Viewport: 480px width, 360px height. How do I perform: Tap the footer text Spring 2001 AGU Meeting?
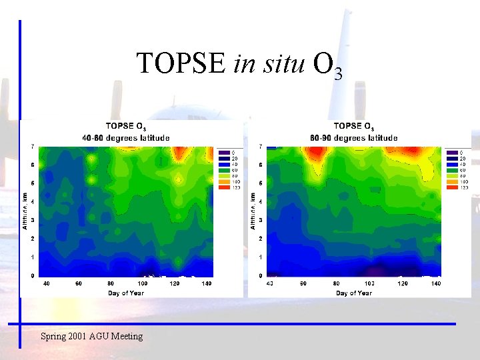click(92, 336)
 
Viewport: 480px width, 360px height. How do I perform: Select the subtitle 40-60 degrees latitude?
click(126, 138)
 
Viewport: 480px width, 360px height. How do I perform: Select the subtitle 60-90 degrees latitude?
click(354, 138)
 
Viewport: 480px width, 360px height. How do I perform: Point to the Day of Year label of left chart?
click(126, 293)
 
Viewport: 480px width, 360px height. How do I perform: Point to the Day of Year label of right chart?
click(354, 293)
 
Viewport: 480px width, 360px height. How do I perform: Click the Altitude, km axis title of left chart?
click(25, 210)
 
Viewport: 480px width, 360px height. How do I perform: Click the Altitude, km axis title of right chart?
click(253, 210)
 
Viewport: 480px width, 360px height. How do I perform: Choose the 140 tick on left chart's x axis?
click(207, 284)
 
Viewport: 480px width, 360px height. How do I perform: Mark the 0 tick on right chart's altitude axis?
click(261, 275)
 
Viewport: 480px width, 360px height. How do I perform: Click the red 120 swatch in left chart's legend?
click(223, 187)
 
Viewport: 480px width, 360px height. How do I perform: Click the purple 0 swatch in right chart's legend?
click(451, 152)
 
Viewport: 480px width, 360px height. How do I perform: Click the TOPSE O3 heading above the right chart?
click(354, 126)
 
